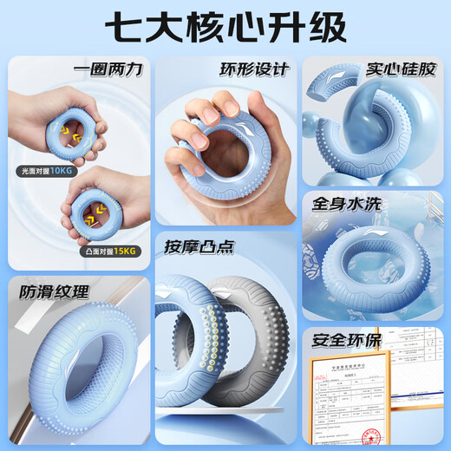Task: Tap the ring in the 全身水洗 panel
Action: coord(373,260)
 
